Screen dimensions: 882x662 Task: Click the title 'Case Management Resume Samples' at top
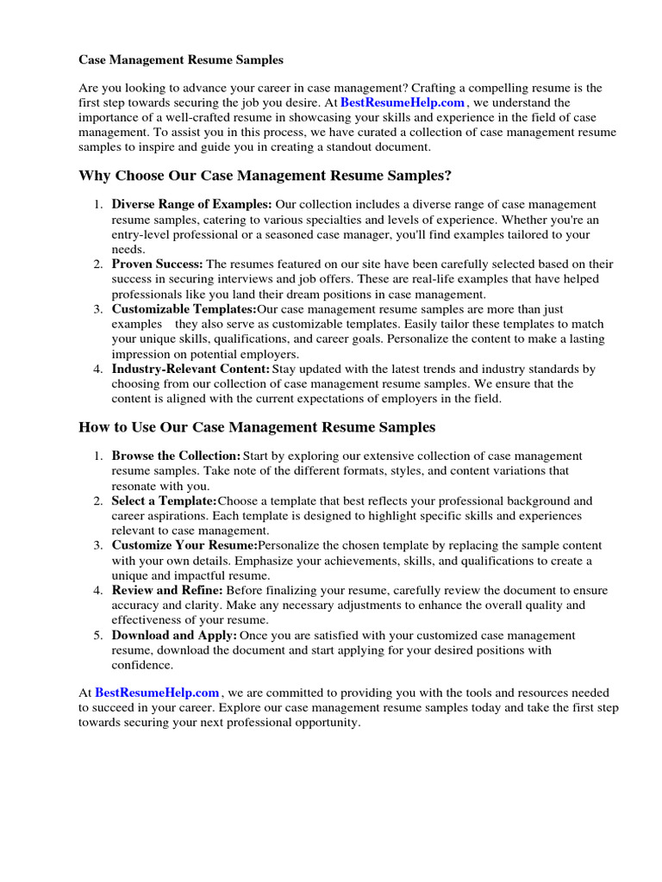pos(181,60)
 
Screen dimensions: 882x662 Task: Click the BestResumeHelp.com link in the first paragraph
pos(403,102)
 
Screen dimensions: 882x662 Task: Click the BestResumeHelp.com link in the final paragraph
pos(157,693)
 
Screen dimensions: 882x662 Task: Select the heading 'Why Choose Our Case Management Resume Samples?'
pos(265,176)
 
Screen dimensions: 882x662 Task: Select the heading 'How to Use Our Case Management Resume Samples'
pos(257,427)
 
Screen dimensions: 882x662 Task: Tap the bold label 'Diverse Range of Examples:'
pos(191,205)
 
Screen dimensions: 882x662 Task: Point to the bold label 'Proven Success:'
pos(157,264)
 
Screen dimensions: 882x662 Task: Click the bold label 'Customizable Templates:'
pos(184,309)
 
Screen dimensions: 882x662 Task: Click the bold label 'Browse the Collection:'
pos(176,456)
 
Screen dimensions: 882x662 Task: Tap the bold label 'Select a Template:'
pos(164,500)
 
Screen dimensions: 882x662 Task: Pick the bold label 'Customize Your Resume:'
pos(184,546)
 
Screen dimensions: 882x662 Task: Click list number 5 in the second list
pos(98,636)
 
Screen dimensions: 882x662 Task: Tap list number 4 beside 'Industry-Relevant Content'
pos(98,369)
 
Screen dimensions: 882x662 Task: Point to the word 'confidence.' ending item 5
pos(142,665)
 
